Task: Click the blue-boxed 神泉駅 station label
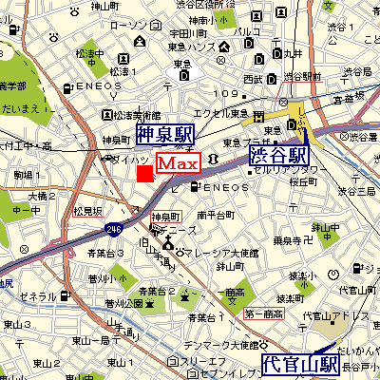point(163,134)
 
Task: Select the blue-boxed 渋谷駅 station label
point(278,155)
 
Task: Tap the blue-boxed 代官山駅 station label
point(301,363)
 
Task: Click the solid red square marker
point(144,173)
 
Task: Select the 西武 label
point(252,77)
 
